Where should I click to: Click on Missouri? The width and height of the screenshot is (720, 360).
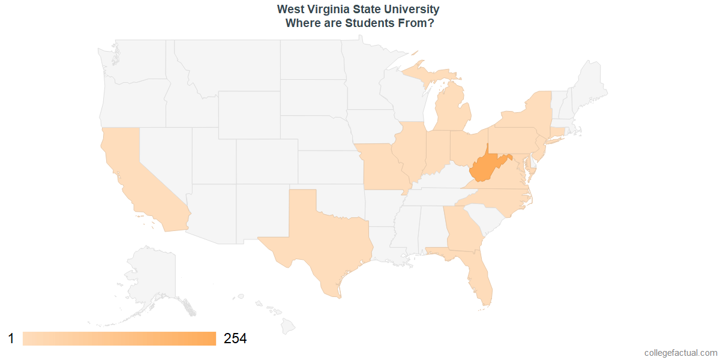[x=381, y=165]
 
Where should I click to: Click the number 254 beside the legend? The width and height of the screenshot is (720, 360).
[x=235, y=338]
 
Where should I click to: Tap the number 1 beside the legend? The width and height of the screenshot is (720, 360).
[x=11, y=338]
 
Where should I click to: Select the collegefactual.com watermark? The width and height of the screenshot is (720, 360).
[x=680, y=353]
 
